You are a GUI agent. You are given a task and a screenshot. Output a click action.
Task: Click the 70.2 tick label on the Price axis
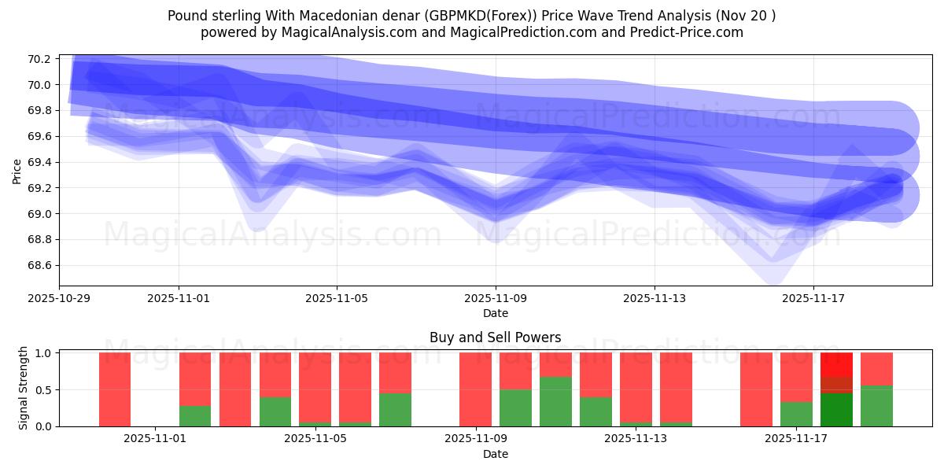(39, 59)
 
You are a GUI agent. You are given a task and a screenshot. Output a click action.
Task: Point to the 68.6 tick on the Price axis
(39, 265)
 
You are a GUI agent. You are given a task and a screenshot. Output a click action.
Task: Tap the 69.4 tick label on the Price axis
(39, 162)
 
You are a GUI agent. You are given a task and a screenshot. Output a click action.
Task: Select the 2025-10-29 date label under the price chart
(59, 299)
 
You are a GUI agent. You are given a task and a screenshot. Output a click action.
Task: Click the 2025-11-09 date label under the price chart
(496, 299)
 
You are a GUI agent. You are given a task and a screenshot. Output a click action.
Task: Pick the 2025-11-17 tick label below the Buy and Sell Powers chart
(796, 439)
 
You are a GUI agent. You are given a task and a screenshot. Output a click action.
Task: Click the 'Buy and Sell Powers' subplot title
(495, 337)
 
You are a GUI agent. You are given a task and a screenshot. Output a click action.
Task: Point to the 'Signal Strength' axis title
(24, 388)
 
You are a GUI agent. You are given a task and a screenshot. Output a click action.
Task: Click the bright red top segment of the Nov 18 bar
(836, 363)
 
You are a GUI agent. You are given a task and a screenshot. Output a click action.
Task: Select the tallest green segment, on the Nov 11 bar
(555, 401)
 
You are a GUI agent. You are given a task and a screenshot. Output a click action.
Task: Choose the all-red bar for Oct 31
(115, 389)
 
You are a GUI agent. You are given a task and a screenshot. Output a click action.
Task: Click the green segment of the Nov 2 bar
(195, 415)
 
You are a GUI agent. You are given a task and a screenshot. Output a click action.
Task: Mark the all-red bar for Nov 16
(756, 389)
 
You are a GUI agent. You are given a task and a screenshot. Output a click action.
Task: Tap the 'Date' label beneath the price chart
(495, 313)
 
